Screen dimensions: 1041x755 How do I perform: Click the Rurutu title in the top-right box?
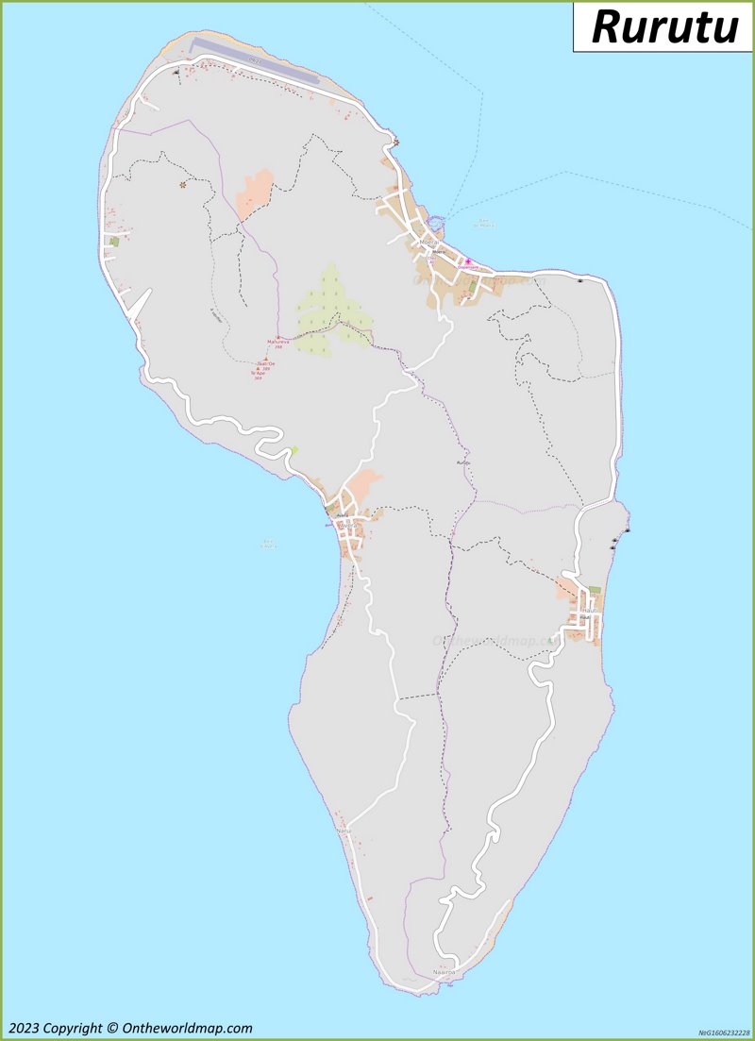664,26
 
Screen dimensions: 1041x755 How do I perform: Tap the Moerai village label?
430,242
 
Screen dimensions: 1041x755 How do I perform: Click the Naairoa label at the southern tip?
444,971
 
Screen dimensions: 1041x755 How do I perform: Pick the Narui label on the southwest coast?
344,830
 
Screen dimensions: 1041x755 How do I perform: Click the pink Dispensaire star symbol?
467,261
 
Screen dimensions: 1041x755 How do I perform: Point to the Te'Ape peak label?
255,373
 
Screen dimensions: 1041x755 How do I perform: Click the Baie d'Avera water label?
268,544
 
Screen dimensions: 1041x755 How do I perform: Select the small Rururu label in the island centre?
462,462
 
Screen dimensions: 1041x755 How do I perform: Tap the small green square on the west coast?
115,242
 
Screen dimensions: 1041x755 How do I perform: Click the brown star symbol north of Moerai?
396,143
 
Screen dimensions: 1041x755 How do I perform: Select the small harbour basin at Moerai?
435,223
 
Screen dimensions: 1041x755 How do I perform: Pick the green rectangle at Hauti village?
595,591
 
